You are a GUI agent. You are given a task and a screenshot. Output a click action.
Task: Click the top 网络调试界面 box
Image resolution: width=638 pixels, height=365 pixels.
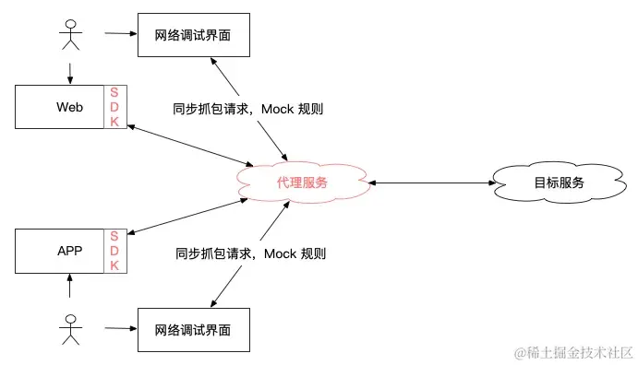[193, 36]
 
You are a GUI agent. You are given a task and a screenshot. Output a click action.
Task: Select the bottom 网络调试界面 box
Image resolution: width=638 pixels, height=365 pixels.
[193, 329]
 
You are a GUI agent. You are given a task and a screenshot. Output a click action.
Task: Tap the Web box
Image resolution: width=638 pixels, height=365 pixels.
[60, 107]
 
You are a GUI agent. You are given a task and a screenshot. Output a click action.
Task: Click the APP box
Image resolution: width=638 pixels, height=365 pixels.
[60, 251]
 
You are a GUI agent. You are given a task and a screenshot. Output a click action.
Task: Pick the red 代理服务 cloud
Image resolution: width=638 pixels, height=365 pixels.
[302, 182]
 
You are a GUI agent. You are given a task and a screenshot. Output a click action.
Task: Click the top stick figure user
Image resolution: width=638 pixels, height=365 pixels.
[70, 34]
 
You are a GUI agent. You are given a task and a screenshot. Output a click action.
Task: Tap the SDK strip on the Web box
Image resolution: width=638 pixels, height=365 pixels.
[115, 107]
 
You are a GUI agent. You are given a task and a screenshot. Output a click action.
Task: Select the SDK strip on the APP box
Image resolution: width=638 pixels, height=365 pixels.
[115, 251]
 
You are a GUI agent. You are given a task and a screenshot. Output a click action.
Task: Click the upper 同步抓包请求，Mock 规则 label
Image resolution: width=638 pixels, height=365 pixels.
[248, 109]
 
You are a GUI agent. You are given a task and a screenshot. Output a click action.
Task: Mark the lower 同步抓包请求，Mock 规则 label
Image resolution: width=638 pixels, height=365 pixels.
[248, 253]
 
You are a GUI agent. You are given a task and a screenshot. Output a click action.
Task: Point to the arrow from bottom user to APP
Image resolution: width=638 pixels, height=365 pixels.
[70, 288]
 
